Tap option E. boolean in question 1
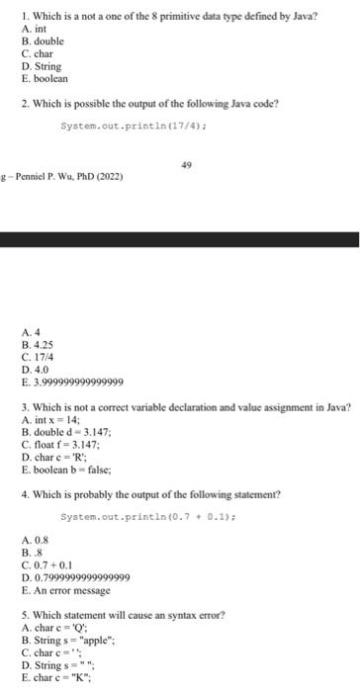point(45,78)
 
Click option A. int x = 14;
point(57,419)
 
